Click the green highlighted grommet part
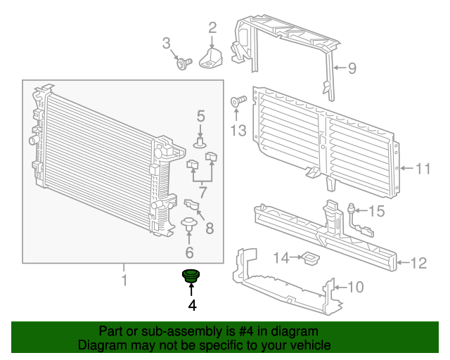(x=191, y=276)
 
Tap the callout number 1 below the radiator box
(x=124, y=281)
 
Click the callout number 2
(x=212, y=28)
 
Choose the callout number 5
(x=200, y=115)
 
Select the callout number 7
(x=202, y=192)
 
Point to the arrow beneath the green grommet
(x=191, y=290)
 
